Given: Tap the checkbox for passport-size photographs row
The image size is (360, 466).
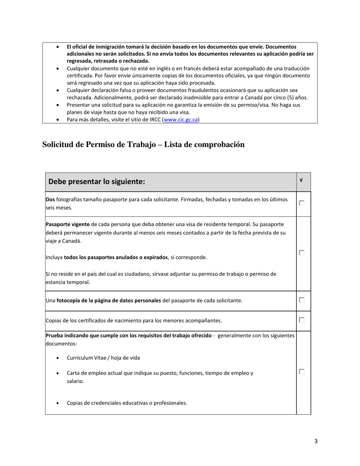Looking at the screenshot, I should [302, 203].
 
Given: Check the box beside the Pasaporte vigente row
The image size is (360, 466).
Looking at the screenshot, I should [302, 253].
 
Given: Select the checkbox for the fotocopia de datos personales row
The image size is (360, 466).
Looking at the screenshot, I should [302, 300].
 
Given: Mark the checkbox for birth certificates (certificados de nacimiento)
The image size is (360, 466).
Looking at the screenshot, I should [302, 320].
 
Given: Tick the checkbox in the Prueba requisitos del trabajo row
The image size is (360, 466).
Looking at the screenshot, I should [302, 372].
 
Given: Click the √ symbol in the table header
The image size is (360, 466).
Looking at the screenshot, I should [301, 180].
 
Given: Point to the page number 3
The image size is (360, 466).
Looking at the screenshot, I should [316, 441].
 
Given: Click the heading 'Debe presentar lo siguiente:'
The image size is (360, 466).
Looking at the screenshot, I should [97, 181].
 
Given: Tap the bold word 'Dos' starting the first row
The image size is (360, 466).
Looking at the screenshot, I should [50, 199].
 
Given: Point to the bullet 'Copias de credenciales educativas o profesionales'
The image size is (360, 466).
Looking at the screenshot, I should [127, 403].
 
